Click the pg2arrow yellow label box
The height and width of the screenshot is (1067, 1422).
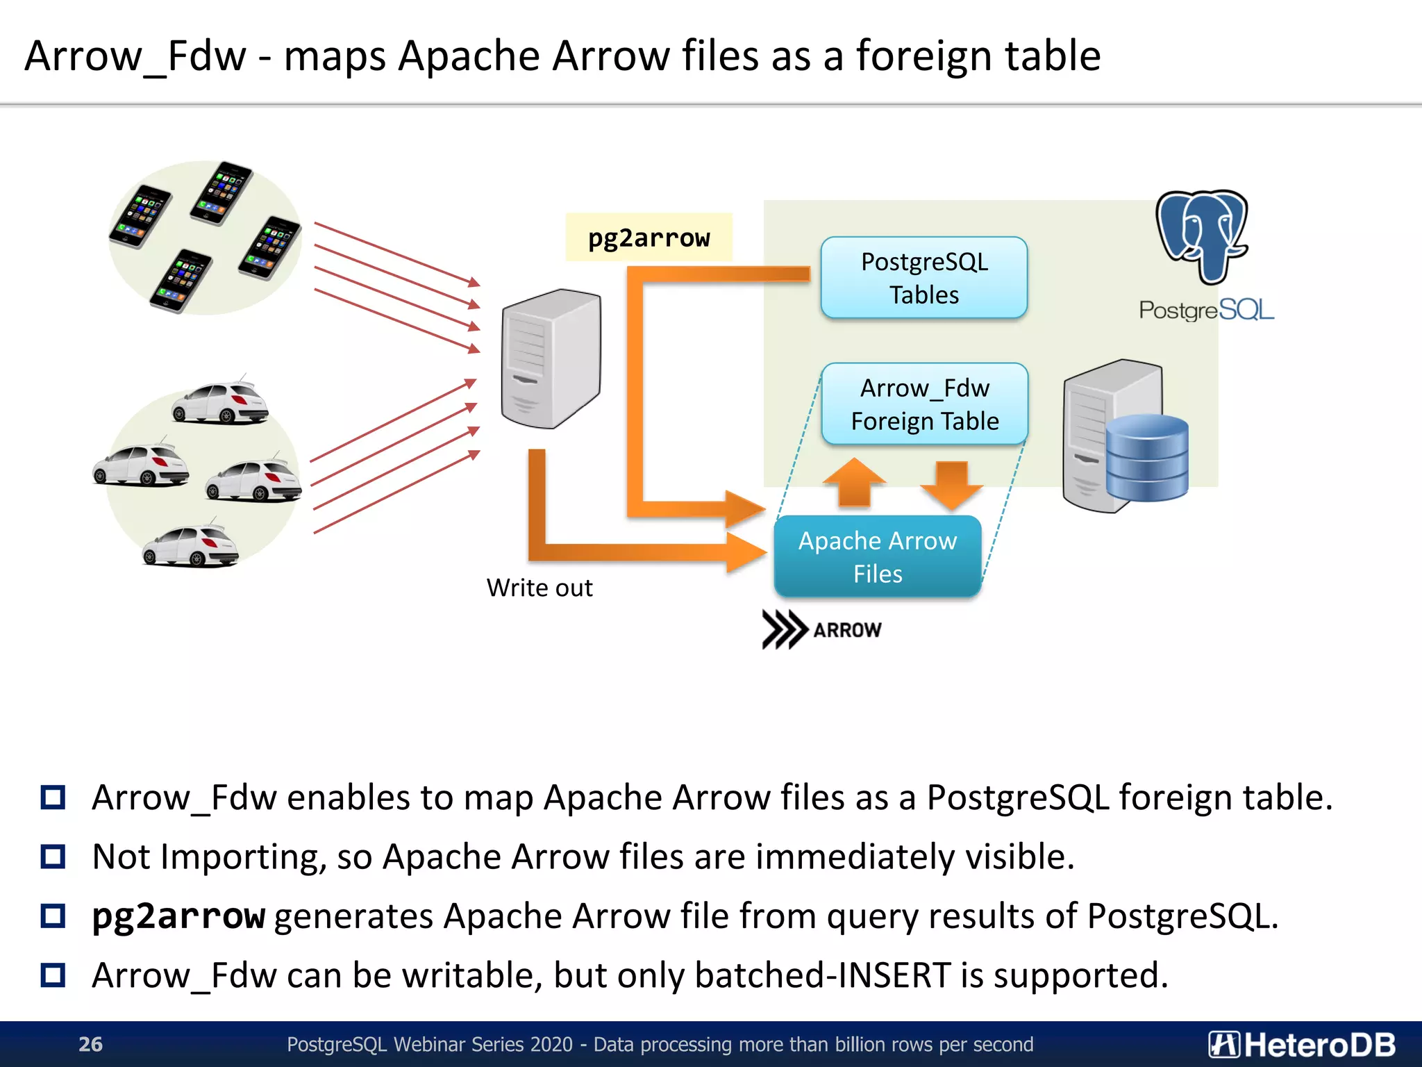(x=649, y=238)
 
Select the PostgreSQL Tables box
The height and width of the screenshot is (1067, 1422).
(x=923, y=278)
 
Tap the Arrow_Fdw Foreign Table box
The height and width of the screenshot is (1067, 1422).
(x=924, y=404)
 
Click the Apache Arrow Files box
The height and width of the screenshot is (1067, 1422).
(x=878, y=556)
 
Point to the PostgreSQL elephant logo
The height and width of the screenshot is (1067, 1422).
(x=1203, y=236)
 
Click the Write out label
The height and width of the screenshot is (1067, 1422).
(x=539, y=588)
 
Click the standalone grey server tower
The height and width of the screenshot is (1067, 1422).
(x=551, y=358)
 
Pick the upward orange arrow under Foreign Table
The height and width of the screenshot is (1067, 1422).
(x=854, y=481)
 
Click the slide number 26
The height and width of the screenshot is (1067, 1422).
(x=90, y=1044)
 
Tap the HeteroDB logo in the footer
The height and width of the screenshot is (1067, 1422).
(x=1302, y=1044)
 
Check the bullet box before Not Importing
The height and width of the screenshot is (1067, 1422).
(x=53, y=857)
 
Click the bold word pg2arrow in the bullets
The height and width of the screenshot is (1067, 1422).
(x=178, y=916)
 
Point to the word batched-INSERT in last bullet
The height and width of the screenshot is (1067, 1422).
(x=822, y=975)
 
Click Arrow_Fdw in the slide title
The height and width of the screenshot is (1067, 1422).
(x=135, y=56)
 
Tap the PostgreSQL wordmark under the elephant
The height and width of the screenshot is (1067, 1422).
(x=1206, y=310)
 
